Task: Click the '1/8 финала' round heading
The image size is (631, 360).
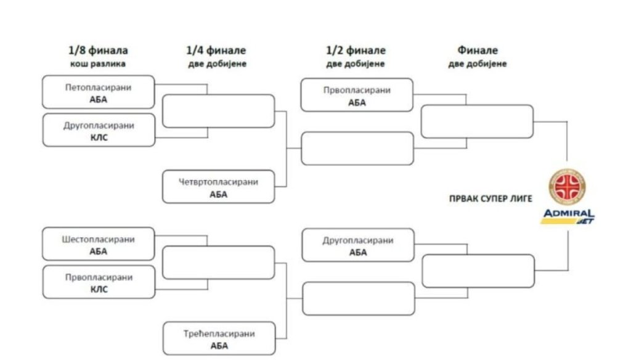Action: click(x=99, y=51)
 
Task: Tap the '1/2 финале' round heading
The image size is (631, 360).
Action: click(x=356, y=51)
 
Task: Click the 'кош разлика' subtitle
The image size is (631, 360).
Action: click(x=99, y=63)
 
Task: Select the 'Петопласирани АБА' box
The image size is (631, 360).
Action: click(x=99, y=93)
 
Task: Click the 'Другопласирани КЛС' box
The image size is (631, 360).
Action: click(x=99, y=130)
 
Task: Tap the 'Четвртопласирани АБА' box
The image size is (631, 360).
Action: click(x=218, y=187)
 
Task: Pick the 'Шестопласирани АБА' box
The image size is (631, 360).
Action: click(x=99, y=244)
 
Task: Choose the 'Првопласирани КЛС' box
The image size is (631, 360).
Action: click(x=99, y=282)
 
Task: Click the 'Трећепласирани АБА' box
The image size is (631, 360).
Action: click(x=218, y=338)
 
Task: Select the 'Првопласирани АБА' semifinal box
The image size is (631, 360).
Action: click(x=357, y=95)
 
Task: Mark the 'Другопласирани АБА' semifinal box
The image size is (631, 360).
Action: click(x=357, y=245)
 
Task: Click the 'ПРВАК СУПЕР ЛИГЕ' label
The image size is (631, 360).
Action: click(x=491, y=199)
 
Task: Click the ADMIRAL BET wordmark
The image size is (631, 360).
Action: click(x=568, y=216)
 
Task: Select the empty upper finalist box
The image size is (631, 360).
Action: click(x=476, y=121)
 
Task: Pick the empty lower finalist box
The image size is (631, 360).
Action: click(x=478, y=271)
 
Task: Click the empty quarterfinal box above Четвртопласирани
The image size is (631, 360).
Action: click(x=218, y=111)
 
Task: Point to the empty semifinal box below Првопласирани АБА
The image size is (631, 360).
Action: click(x=357, y=149)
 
